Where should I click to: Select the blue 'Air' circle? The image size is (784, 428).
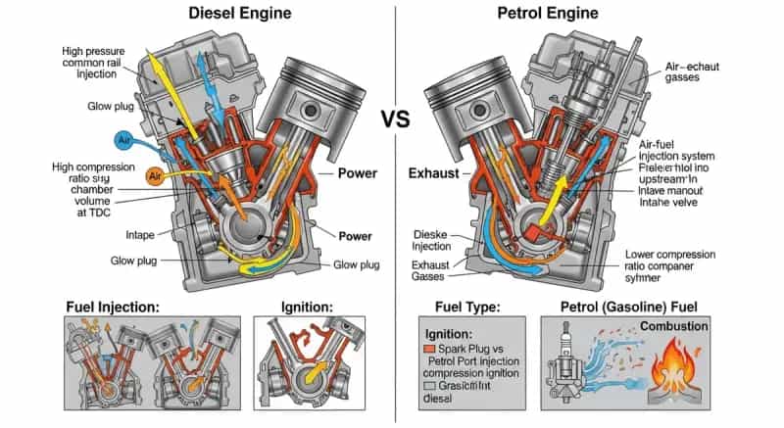tap(123, 141)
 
